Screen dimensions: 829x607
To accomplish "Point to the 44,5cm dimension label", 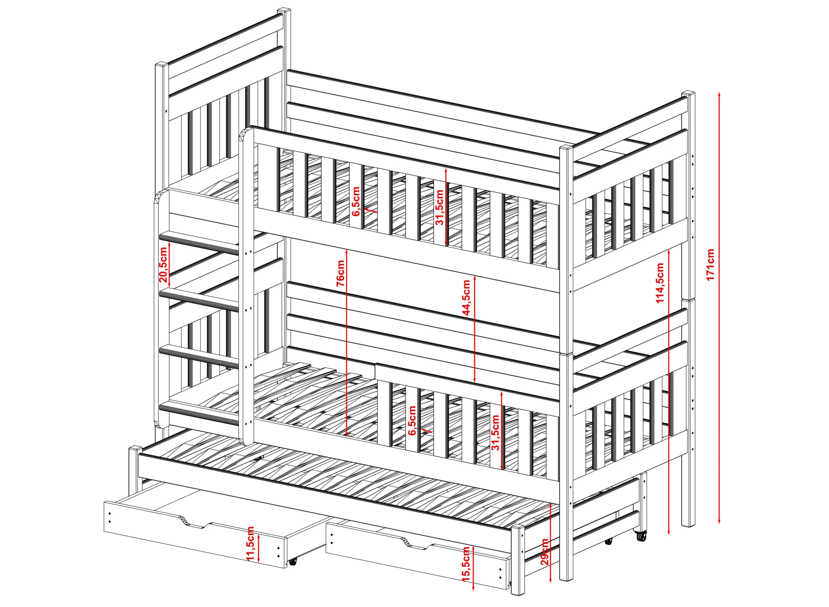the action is (466, 297).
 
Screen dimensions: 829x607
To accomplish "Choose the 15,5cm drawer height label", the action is (466, 569).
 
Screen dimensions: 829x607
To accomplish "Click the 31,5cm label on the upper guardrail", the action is (439, 207).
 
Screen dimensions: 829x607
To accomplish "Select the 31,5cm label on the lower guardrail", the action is (496, 432).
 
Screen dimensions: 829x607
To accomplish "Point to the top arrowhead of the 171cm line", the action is (719, 95).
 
